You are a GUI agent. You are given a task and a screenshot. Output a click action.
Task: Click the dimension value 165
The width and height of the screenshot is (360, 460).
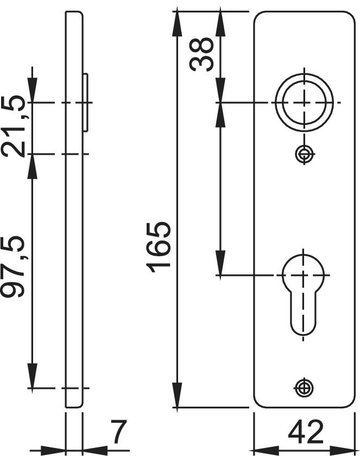(x=159, y=247)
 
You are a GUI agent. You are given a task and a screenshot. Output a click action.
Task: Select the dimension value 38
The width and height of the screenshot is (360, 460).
(x=201, y=54)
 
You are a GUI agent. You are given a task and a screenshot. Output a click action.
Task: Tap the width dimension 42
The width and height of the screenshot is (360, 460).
(x=306, y=432)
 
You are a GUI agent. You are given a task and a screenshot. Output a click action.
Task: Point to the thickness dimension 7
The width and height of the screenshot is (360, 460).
(x=119, y=432)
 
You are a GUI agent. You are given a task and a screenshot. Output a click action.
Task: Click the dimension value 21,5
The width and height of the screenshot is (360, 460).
(x=13, y=126)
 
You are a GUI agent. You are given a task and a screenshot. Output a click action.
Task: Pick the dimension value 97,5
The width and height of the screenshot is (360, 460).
(x=13, y=267)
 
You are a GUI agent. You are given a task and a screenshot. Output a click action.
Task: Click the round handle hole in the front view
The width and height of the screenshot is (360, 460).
(x=304, y=102)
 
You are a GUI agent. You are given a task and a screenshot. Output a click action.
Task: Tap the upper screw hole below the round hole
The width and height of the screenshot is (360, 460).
(x=305, y=154)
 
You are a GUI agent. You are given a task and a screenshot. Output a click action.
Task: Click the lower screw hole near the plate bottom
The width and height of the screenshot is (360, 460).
(x=304, y=387)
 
